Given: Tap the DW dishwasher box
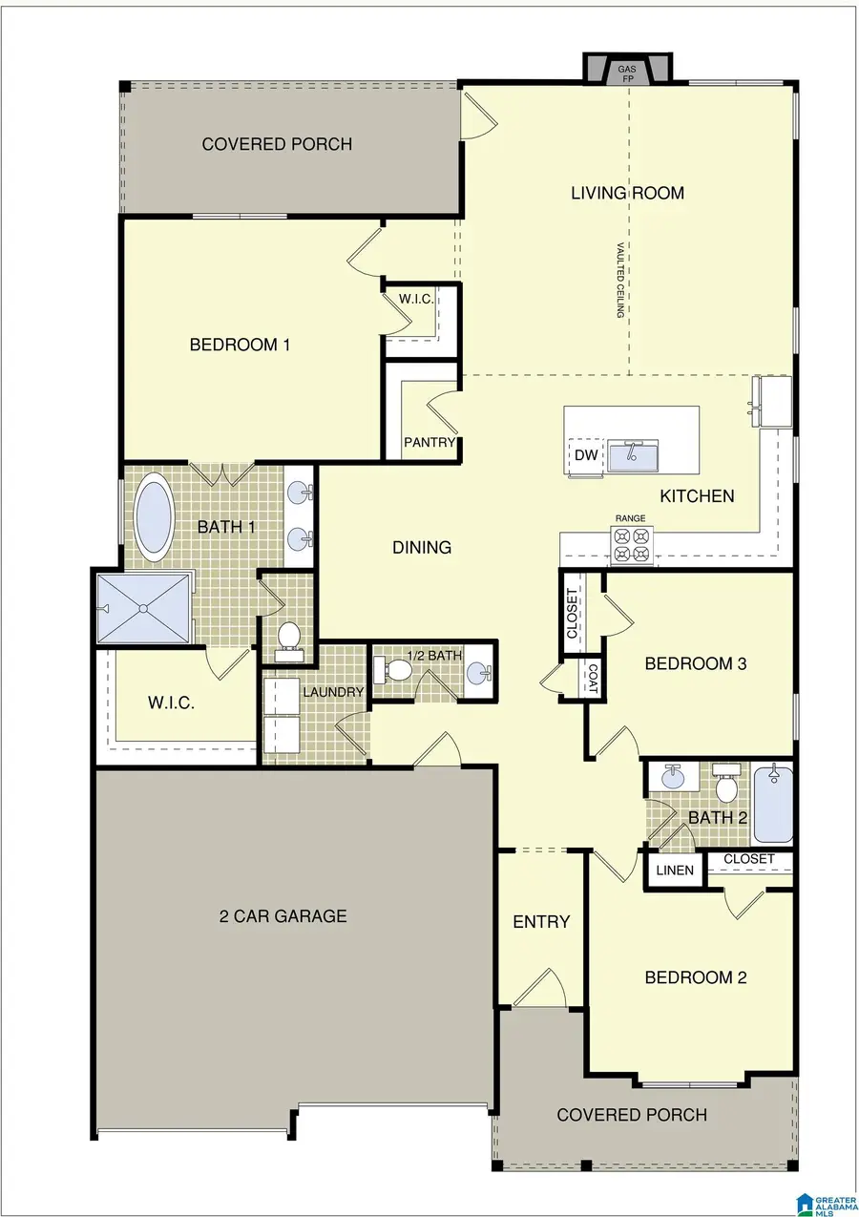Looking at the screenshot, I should click(x=586, y=455).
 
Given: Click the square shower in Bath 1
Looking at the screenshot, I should click(x=143, y=608).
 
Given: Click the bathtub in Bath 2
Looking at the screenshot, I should click(x=773, y=803).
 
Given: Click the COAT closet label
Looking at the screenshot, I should click(x=592, y=679).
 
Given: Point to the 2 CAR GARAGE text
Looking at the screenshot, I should click(x=283, y=917).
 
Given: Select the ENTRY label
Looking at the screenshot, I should click(x=541, y=921).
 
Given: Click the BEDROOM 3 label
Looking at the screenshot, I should click(x=695, y=664).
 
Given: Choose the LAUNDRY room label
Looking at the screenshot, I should click(x=333, y=692).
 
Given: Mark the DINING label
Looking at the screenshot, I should click(x=422, y=547).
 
